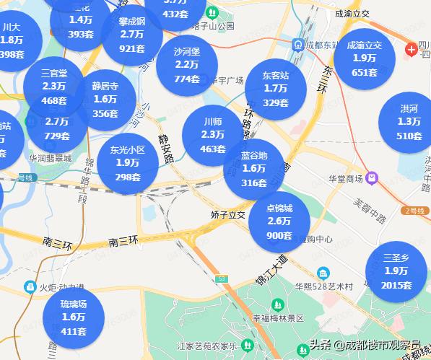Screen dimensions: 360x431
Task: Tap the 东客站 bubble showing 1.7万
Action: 275,89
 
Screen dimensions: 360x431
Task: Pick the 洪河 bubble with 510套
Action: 409,122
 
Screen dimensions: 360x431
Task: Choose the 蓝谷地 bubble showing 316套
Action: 254,169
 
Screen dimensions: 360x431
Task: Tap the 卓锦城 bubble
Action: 279,221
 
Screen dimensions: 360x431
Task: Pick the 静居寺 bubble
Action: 105,99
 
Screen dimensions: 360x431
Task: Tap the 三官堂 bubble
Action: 54,87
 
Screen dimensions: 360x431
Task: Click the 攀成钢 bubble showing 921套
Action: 132,35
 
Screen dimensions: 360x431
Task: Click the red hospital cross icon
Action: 411,49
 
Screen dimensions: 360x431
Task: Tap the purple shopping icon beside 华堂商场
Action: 371,177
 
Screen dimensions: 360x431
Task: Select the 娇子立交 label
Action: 228,215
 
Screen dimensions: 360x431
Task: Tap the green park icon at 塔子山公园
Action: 212,12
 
